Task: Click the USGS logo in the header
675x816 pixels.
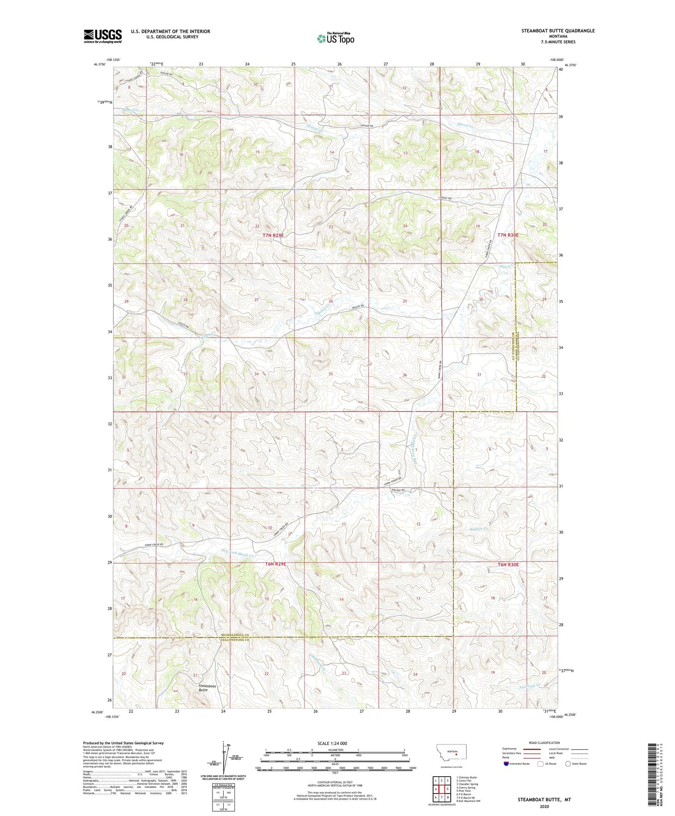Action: pyautogui.click(x=103, y=36)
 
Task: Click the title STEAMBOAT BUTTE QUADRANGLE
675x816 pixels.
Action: pyautogui.click(x=558, y=31)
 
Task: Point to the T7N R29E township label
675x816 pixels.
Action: pyautogui.click(x=273, y=236)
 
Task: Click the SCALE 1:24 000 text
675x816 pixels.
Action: pyautogui.click(x=330, y=743)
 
